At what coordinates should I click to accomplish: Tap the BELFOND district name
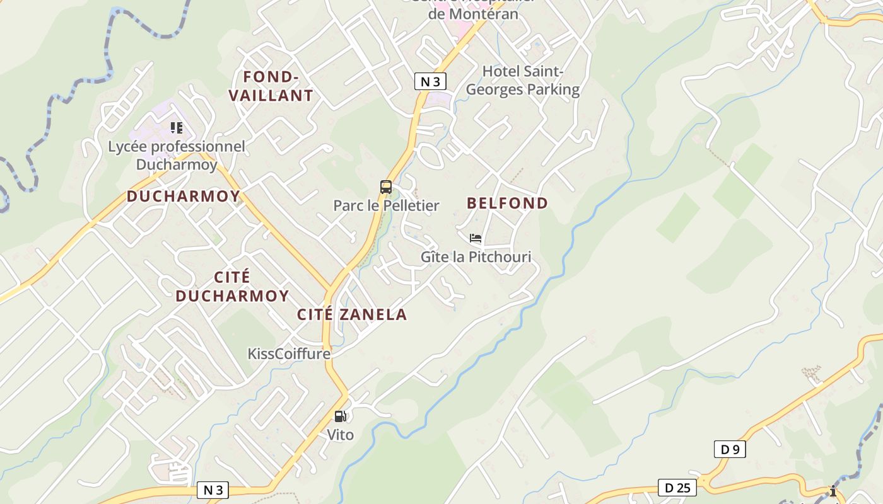(x=507, y=203)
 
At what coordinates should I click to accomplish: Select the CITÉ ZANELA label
(x=352, y=314)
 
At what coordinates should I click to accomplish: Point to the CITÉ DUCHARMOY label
(x=232, y=286)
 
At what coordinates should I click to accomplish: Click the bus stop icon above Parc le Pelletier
(x=386, y=187)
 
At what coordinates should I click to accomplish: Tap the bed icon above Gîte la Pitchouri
(x=476, y=238)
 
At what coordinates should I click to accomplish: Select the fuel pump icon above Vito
(x=340, y=416)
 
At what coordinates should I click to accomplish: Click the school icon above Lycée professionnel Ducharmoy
(x=177, y=128)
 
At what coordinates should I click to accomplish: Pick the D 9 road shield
(x=730, y=449)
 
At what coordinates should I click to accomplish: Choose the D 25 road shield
(x=677, y=487)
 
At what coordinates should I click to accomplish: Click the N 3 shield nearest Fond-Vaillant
(x=431, y=81)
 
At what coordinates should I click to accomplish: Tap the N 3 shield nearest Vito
(x=213, y=490)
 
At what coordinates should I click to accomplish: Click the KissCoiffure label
(x=289, y=353)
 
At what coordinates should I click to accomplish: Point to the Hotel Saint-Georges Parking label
(x=522, y=80)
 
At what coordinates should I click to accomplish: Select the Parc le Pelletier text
(x=386, y=205)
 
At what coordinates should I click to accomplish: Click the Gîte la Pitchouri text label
(x=476, y=256)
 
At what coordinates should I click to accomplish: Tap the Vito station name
(x=340, y=435)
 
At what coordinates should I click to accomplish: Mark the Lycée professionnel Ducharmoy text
(x=177, y=155)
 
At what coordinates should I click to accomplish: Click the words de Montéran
(x=473, y=14)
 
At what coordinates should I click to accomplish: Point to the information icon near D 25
(x=833, y=491)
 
